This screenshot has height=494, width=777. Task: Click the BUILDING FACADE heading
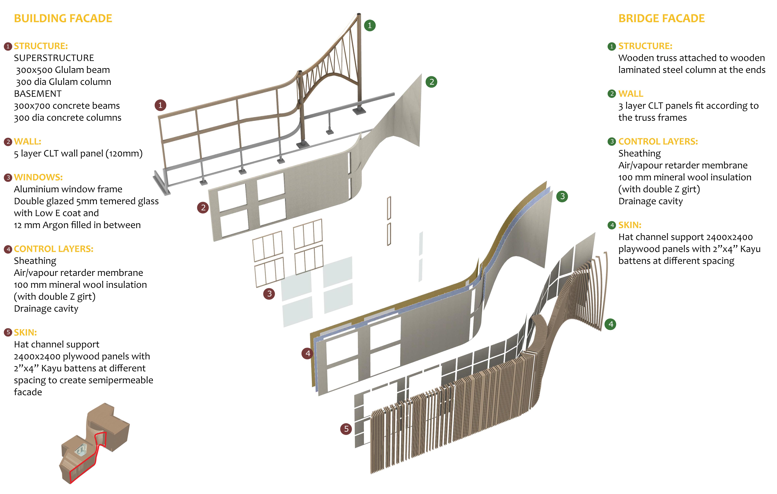pyautogui.click(x=63, y=18)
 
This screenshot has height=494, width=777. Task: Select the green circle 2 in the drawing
pyautogui.click(x=431, y=82)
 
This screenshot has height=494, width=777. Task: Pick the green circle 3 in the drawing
pyautogui.click(x=562, y=196)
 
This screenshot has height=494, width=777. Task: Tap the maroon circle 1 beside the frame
pyautogui.click(x=160, y=105)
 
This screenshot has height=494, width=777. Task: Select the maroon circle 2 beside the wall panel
pyautogui.click(x=203, y=208)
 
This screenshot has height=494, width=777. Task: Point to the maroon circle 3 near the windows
pyautogui.click(x=269, y=294)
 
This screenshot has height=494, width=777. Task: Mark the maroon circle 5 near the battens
pyautogui.click(x=346, y=429)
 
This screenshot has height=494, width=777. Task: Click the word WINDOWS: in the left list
pyautogui.click(x=38, y=177)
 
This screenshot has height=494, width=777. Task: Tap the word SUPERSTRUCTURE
pyautogui.click(x=54, y=58)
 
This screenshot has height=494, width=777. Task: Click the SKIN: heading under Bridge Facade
pyautogui.click(x=629, y=225)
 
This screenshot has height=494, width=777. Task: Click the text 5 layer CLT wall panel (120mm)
pyautogui.click(x=78, y=153)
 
